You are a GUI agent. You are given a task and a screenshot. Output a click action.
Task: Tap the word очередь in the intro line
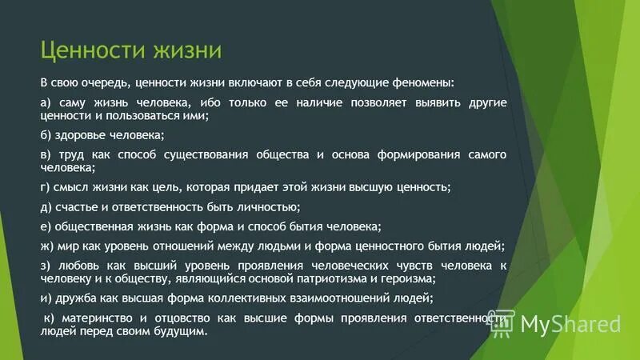point(103,82)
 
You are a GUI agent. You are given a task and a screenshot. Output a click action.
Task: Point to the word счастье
point(76,207)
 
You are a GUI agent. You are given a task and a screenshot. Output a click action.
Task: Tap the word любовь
point(76,265)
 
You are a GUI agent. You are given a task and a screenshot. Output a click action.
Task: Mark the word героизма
point(408,278)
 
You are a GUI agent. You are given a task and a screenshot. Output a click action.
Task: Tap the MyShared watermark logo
point(559,323)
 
